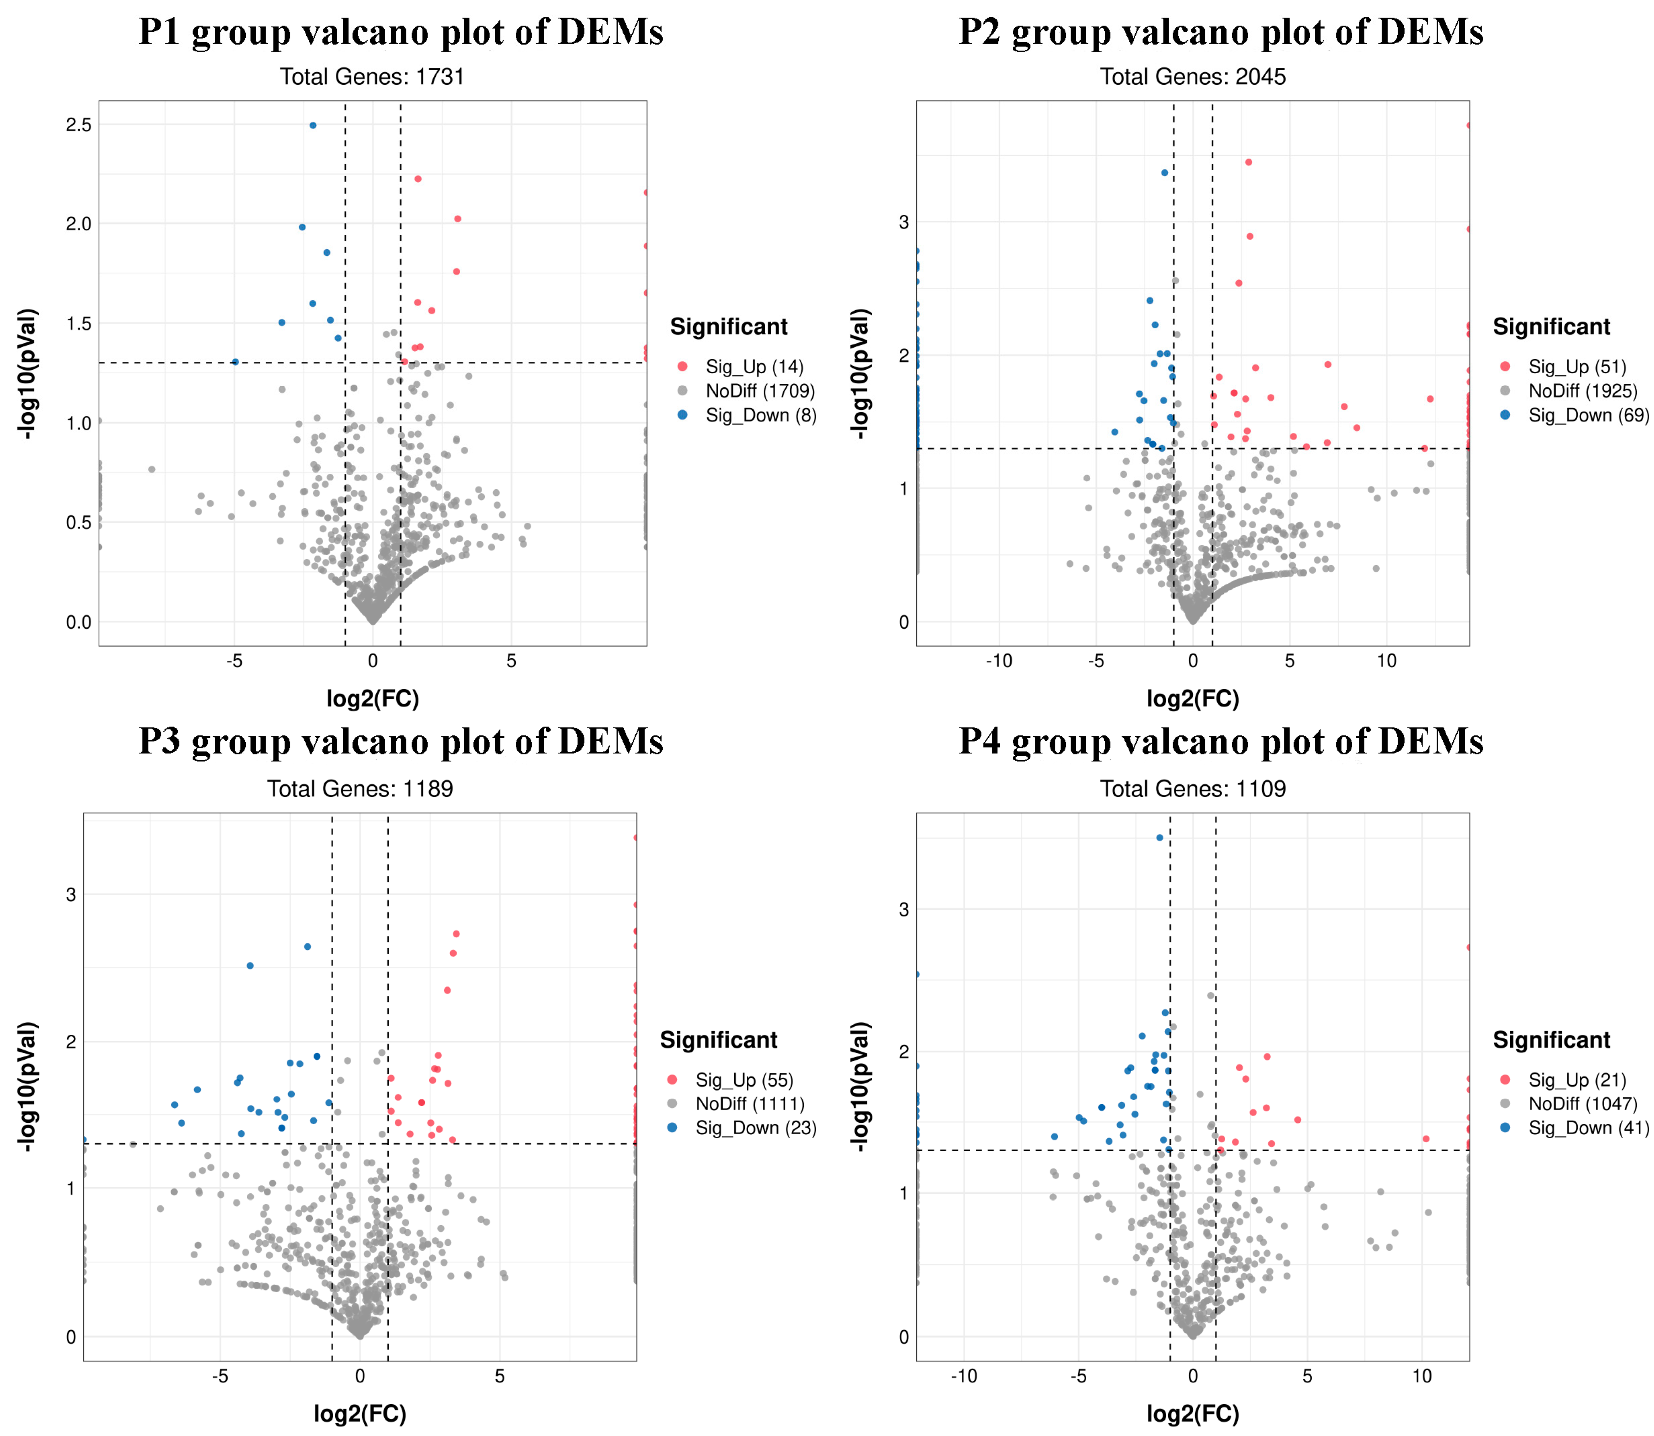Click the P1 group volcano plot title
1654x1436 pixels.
[x=401, y=32]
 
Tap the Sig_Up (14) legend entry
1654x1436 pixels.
[x=753, y=367]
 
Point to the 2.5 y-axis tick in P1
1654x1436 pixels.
[x=79, y=124]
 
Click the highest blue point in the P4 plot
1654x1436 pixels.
[x=1159, y=837]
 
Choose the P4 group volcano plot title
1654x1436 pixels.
[x=1220, y=741]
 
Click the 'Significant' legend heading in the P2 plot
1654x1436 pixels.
[x=1551, y=327]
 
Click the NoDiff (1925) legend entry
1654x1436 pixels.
[x=1582, y=391]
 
